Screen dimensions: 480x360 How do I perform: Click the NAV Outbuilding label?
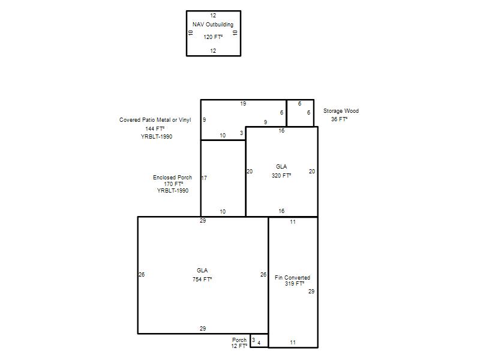213,25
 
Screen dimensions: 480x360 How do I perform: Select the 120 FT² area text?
213,37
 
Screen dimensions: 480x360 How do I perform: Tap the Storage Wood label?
341,111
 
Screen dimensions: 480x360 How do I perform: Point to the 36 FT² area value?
339,119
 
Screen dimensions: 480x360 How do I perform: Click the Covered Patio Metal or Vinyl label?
155,120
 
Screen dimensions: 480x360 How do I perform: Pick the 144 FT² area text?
155,129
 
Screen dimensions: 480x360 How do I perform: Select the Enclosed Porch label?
173,178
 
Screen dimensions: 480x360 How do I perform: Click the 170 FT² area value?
173,184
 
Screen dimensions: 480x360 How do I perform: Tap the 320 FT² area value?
281,176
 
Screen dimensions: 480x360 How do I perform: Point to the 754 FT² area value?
202,280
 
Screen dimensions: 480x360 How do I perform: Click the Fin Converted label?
292,278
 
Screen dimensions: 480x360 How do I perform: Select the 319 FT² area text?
295,284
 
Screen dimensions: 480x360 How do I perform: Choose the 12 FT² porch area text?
239,346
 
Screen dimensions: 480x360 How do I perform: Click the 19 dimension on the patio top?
243,104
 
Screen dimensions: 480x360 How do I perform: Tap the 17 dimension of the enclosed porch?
204,178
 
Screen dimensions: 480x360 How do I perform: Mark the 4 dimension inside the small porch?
259,343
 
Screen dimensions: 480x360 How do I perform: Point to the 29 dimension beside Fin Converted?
311,292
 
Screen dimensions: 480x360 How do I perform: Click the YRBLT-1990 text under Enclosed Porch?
173,190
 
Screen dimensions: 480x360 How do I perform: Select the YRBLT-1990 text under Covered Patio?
157,137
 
